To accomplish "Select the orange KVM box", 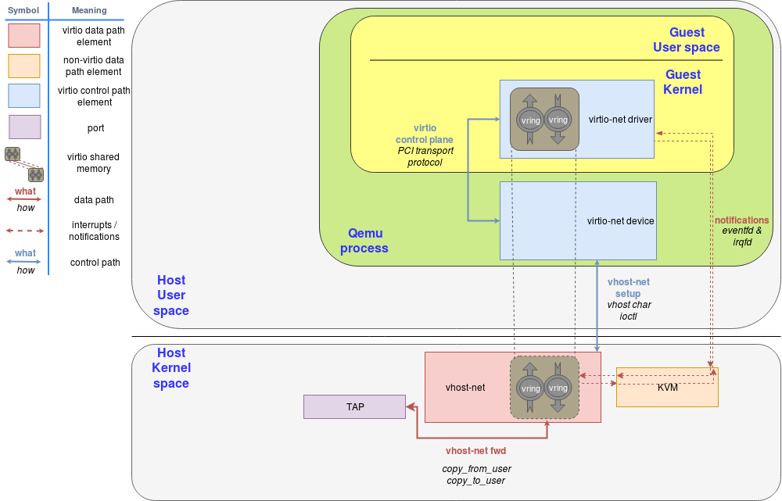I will click(x=667, y=387).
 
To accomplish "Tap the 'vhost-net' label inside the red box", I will click(x=465, y=388).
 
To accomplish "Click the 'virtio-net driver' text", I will click(x=620, y=120).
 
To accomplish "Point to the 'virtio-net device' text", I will click(x=620, y=221).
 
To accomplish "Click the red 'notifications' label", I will click(x=741, y=220).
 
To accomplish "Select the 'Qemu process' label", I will click(x=368, y=241).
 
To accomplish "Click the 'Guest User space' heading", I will click(x=687, y=40).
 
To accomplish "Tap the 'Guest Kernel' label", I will click(x=683, y=82).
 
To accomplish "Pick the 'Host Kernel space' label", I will click(x=171, y=368).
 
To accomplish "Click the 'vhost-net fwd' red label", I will click(x=476, y=451).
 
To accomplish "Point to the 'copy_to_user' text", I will click(x=476, y=481).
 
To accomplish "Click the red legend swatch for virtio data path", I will click(x=24, y=36).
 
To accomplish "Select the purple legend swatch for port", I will click(x=24, y=127).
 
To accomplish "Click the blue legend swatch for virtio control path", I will click(x=24, y=95).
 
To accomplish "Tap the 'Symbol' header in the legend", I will click(x=23, y=10).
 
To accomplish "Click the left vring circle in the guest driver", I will click(x=530, y=120).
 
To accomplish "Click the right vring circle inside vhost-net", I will click(x=558, y=388).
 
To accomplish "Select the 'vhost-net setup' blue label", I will click(x=628, y=288).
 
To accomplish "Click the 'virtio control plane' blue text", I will click(x=425, y=134).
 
